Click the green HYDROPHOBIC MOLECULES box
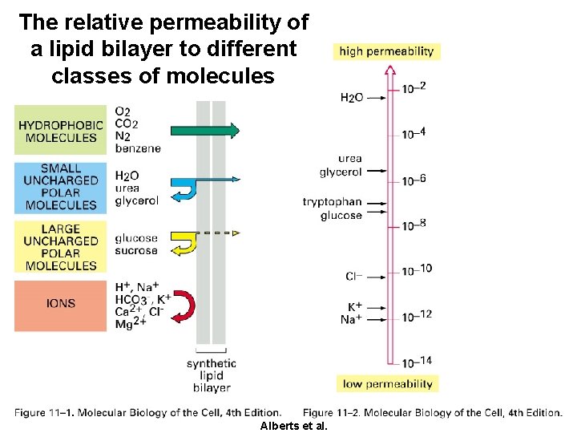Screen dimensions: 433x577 click(61, 130)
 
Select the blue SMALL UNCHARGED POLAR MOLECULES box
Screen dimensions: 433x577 click(61, 188)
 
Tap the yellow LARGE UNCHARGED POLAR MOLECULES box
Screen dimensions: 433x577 click(61, 247)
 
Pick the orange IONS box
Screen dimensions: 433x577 click(61, 305)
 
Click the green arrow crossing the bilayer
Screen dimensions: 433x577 click(204, 130)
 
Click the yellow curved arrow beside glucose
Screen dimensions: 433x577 click(185, 241)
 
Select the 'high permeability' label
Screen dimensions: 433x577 click(386, 51)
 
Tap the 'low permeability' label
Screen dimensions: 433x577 click(388, 384)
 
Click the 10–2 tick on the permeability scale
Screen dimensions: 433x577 click(414, 87)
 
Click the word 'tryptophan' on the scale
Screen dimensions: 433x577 click(332, 203)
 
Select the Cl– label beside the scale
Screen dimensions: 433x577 click(353, 277)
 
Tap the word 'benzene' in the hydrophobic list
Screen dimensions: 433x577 click(138, 148)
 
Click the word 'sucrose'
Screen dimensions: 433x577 click(136, 251)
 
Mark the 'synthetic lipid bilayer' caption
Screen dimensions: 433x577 click(212, 375)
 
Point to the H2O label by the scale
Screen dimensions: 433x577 click(352, 97)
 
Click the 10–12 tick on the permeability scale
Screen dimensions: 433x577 click(415, 315)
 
